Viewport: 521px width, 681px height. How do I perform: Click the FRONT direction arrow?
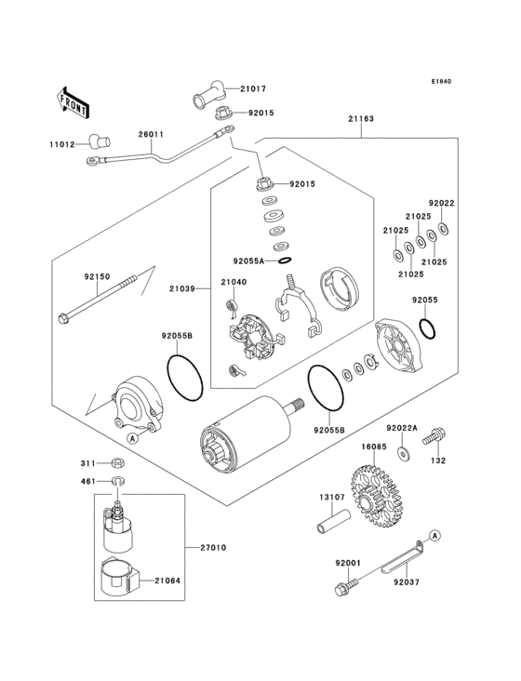pyautogui.click(x=73, y=102)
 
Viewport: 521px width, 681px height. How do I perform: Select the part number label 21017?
pyautogui.click(x=253, y=88)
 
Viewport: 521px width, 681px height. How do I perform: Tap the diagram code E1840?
pyautogui.click(x=441, y=81)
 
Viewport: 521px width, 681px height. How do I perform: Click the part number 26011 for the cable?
pyautogui.click(x=151, y=134)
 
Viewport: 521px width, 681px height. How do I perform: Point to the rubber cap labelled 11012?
pyautogui.click(x=100, y=140)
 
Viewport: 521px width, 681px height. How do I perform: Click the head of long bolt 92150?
pyautogui.click(x=63, y=319)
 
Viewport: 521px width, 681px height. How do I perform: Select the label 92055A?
pyautogui.click(x=248, y=261)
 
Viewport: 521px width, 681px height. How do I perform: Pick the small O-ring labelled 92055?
pyautogui.click(x=428, y=328)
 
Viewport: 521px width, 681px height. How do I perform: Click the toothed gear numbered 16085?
pyautogui.click(x=375, y=496)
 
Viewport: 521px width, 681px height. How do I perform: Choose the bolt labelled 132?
pyautogui.click(x=434, y=436)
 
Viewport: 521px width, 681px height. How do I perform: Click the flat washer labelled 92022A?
pyautogui.click(x=404, y=454)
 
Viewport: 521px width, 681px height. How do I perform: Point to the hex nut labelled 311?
pyautogui.click(x=117, y=463)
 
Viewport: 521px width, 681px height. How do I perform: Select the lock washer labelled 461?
pyautogui.click(x=118, y=481)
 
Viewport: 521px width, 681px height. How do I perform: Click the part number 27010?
pyautogui.click(x=213, y=548)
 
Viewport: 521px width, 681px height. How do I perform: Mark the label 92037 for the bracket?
pyautogui.click(x=407, y=582)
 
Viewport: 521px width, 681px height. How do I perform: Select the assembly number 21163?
pyautogui.click(x=361, y=118)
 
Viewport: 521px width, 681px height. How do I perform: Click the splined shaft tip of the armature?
pyautogui.click(x=298, y=405)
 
